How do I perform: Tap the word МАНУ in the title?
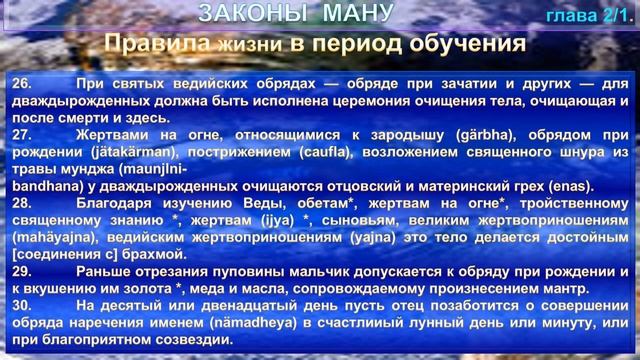pyautogui.click(x=350, y=14)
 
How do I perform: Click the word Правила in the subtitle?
pyautogui.click(x=158, y=44)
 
